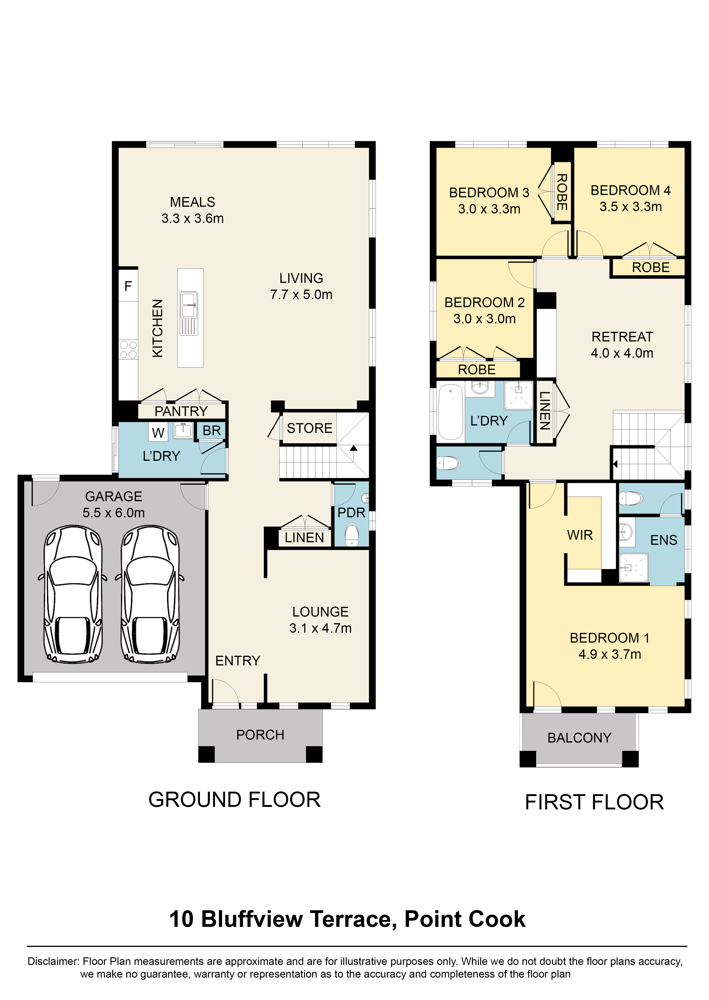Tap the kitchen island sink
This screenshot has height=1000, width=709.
189,305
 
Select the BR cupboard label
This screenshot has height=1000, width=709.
212,431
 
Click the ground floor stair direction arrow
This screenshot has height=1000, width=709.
353,448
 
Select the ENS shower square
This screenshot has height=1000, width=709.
634,567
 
